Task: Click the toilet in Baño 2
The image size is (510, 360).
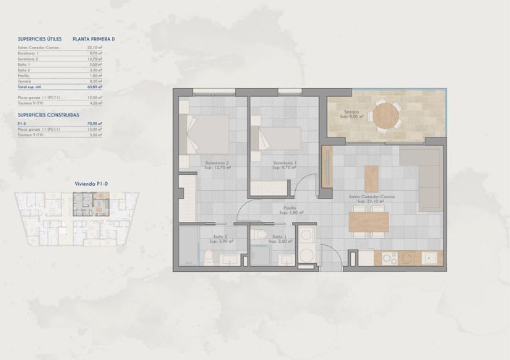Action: [208, 256]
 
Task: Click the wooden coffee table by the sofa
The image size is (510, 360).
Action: [371, 179]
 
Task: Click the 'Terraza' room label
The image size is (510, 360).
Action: [352, 113]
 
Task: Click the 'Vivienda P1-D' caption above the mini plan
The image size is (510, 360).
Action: [91, 184]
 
